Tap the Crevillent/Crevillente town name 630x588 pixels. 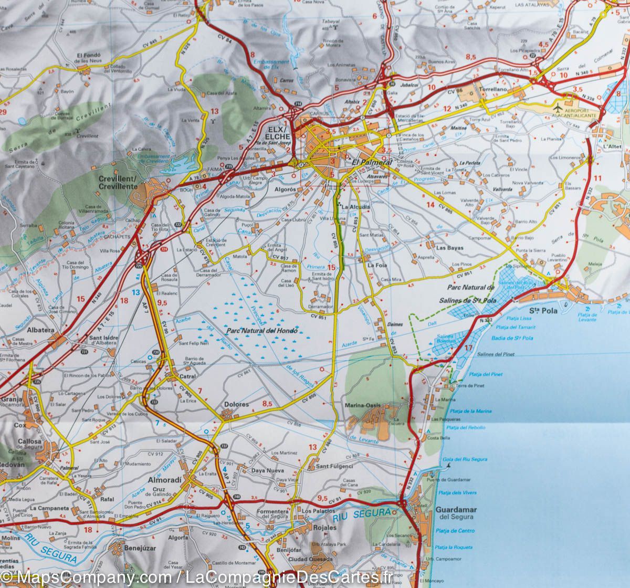[x=118, y=182]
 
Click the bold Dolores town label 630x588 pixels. [x=236, y=404]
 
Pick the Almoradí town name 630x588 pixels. [x=164, y=480]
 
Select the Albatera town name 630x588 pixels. [x=40, y=330]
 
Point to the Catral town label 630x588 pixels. [x=188, y=376]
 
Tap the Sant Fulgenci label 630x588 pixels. [x=334, y=466]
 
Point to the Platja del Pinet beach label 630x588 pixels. [x=486, y=374]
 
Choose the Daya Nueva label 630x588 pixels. [x=268, y=470]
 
